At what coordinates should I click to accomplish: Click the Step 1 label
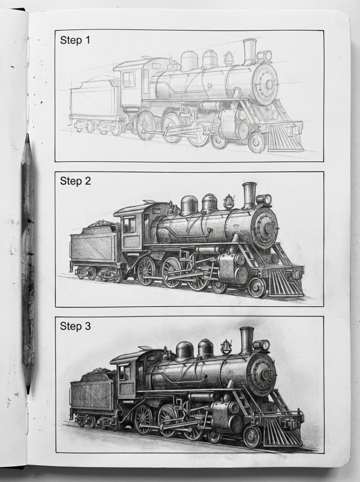75,40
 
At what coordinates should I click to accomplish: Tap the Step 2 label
75,181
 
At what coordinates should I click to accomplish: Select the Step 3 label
75,326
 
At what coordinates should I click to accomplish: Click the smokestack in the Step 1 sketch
249,52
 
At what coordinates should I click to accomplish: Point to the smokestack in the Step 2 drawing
249,195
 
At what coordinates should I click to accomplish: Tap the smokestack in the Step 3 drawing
246,340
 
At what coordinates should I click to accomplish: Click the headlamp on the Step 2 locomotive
264,200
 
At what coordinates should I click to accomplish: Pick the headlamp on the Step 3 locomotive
262,345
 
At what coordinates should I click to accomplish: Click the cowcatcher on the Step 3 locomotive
282,432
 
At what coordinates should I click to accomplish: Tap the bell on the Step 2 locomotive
229,202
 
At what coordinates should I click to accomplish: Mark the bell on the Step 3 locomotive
226,347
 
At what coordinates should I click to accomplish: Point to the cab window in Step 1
128,79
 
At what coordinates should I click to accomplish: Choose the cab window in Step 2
129,225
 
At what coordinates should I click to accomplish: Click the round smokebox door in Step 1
266,85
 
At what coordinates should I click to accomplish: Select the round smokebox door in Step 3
262,375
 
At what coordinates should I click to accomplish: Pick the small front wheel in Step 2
257,287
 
